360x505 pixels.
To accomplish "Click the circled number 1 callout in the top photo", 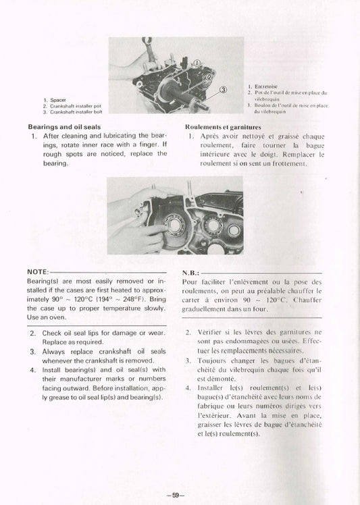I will [x=197, y=63].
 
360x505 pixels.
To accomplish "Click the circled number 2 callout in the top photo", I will [x=211, y=77].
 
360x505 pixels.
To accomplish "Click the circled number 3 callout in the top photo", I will [x=224, y=90].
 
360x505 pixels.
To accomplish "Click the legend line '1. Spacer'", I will [x=55, y=100].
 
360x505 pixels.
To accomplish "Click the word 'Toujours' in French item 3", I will [x=215, y=361].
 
